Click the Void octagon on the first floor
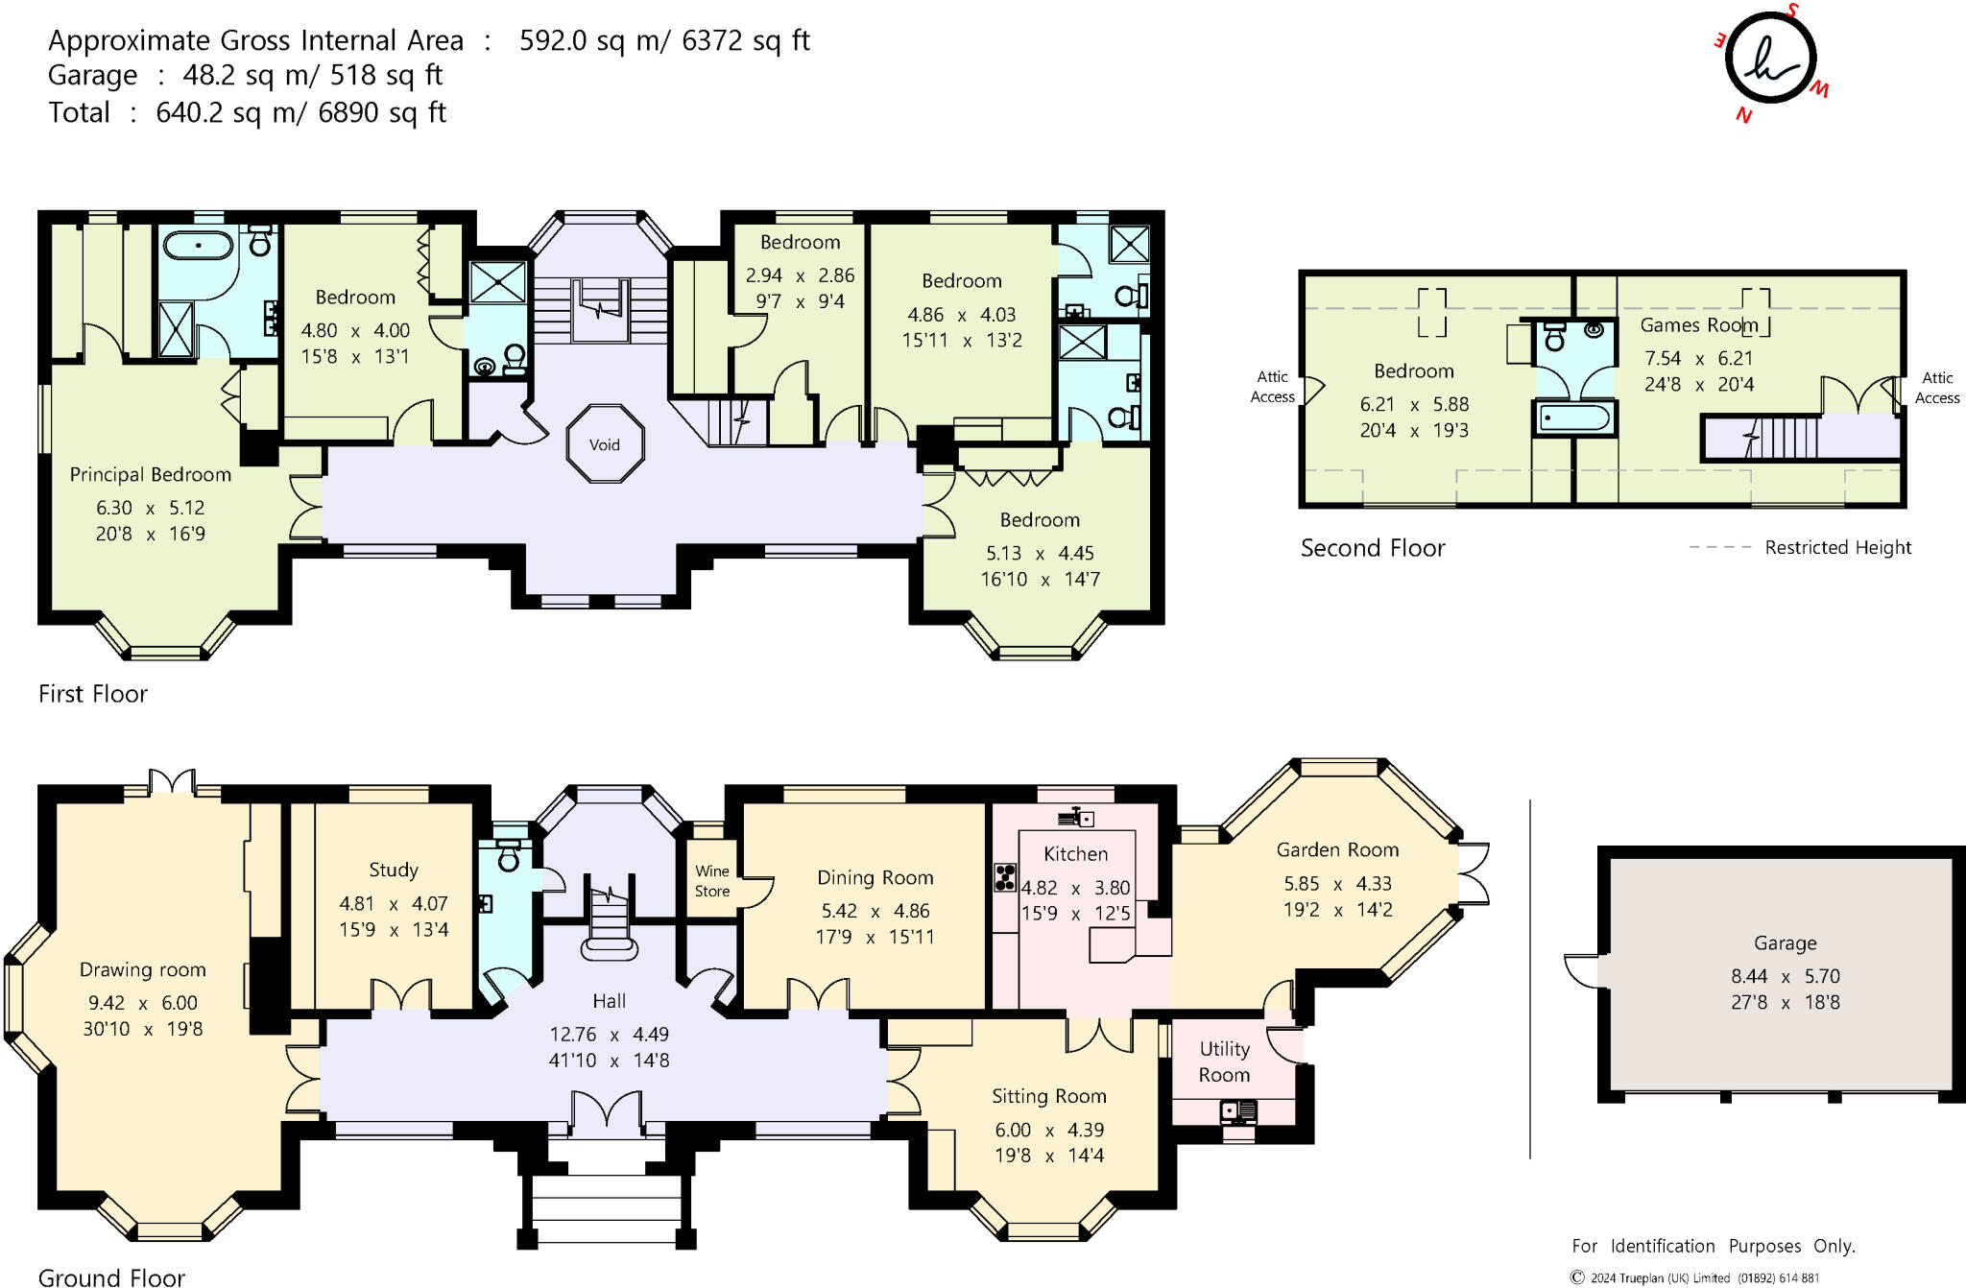(604, 444)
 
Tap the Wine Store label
(712, 881)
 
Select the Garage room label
(1785, 943)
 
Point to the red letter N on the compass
(1743, 116)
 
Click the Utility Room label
(1224, 1061)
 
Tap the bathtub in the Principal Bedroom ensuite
(199, 246)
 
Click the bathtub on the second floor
(1574, 418)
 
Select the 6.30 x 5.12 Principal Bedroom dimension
(150, 508)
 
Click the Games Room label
(1698, 325)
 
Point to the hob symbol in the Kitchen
(1005, 877)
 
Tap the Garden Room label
(1337, 850)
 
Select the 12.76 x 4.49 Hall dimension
(609, 1035)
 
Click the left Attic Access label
(1272, 387)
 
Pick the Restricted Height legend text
(1837, 547)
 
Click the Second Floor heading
(1372, 548)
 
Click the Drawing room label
(142, 970)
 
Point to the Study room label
(394, 871)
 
